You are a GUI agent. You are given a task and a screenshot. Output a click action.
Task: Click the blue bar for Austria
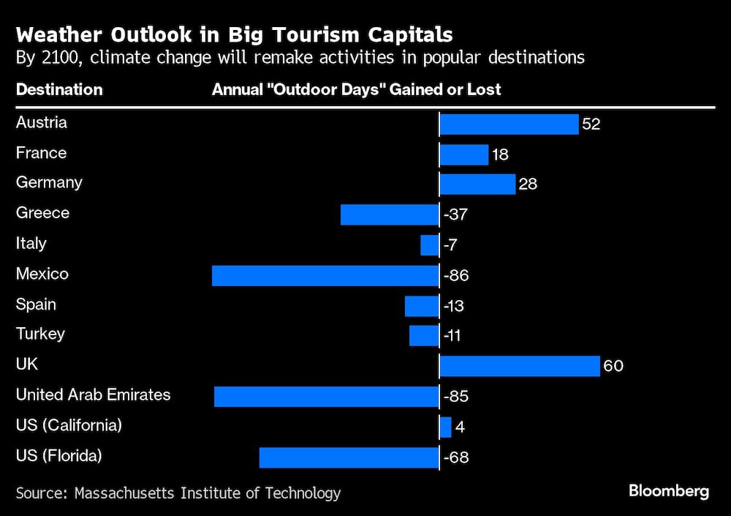509,124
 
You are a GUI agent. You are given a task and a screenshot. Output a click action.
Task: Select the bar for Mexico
325,276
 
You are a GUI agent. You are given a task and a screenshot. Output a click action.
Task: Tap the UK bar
520,365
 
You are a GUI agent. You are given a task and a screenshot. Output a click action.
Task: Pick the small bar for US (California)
445,427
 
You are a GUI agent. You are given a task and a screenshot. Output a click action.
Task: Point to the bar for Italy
430,245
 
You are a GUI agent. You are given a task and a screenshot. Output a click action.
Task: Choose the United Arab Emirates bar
327,397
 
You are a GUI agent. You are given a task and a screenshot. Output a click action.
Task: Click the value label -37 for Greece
455,215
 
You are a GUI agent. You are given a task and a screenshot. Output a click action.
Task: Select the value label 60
613,366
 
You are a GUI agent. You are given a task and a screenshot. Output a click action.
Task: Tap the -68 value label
455,458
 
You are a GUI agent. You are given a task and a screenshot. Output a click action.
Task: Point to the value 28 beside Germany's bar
528,184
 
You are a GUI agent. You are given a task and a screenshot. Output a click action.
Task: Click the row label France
41,153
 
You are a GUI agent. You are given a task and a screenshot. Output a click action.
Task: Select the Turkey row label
40,334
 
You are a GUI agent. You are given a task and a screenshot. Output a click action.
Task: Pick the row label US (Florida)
59,456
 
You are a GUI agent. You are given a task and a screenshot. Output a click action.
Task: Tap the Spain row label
37,304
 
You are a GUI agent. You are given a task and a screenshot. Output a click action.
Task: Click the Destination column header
59,89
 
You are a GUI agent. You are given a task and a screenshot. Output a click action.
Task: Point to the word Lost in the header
485,89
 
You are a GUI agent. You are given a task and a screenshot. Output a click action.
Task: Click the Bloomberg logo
668,491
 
